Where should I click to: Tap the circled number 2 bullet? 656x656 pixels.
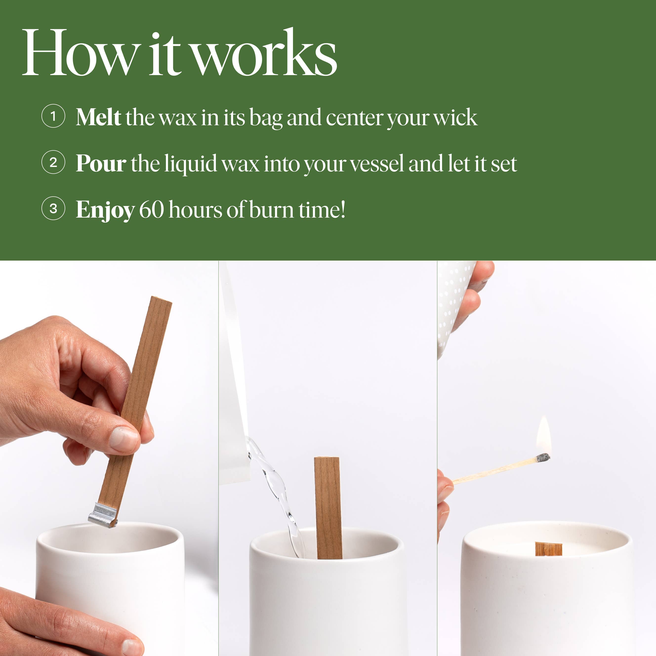pyautogui.click(x=53, y=162)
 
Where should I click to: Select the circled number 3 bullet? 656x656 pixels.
pyautogui.click(x=53, y=208)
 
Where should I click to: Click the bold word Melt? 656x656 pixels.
pyautogui.click(x=99, y=117)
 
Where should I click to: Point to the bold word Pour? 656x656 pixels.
pyautogui.click(x=101, y=163)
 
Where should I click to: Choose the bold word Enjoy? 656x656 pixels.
pyautogui.click(x=105, y=210)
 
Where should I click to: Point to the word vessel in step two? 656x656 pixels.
pyautogui.click(x=377, y=163)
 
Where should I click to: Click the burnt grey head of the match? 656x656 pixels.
pyautogui.click(x=543, y=458)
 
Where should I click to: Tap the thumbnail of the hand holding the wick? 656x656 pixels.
pyautogui.click(x=124, y=439)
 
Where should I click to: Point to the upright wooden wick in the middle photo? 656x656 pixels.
pyautogui.click(x=328, y=508)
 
